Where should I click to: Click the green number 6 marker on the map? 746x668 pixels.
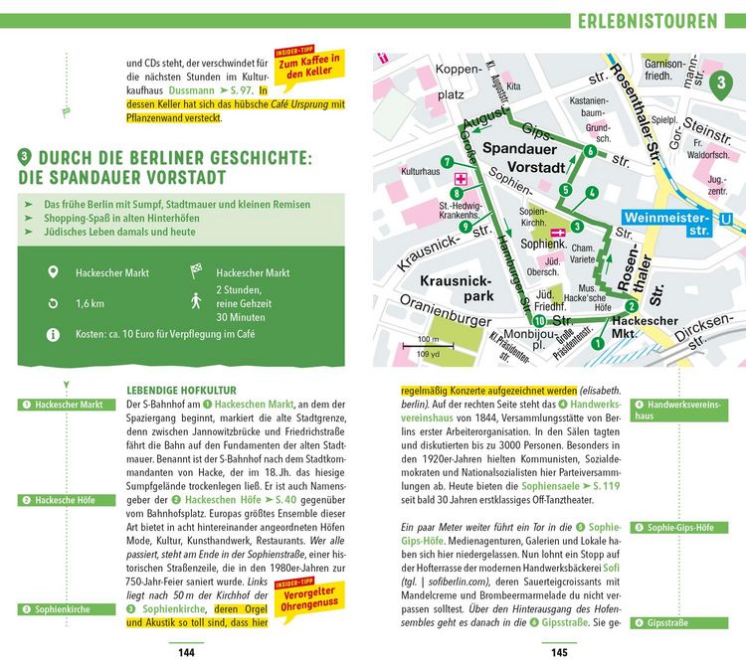pos(590,151)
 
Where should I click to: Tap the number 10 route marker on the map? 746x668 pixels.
pos(538,321)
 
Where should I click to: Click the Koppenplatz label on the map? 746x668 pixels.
pos(443,82)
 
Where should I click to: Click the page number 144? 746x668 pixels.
pos(185,652)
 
